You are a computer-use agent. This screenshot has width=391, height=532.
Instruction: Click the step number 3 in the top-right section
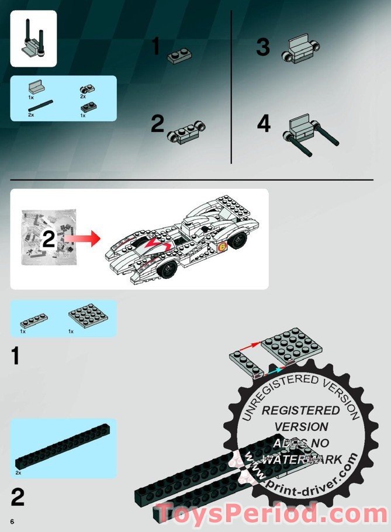click(263, 48)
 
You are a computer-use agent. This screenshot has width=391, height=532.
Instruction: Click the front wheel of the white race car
click(168, 269)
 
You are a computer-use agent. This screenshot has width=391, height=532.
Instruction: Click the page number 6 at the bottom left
click(11, 520)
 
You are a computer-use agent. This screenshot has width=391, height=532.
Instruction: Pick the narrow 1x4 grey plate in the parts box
click(34, 320)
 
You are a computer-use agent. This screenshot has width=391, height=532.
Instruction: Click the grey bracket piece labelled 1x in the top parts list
click(35, 88)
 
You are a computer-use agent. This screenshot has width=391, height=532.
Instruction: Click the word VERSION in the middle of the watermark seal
click(301, 427)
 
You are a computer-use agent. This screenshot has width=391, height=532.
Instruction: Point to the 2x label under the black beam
click(19, 472)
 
